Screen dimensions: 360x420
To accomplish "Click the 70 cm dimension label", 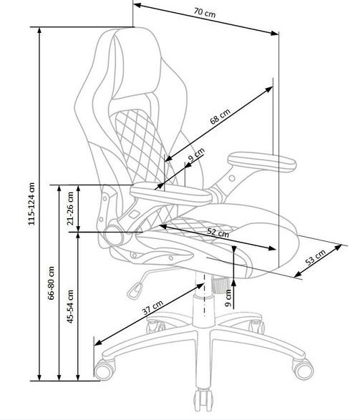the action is pos(205,12).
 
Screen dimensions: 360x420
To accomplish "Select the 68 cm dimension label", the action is pos(220,117).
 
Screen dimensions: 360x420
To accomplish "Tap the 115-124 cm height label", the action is pos(32,204).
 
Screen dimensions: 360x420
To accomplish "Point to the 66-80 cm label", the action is pos(51,283).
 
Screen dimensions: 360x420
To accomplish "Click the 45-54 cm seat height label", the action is pos(70,306).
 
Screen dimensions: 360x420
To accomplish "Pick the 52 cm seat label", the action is pos(218,233).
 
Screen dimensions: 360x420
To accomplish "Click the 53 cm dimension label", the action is pos(316,257).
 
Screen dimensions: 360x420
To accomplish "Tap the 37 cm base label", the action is pos(152,308).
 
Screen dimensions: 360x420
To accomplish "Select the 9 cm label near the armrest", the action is pos(196,155).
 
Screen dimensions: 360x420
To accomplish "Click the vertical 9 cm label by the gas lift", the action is pos(228,298).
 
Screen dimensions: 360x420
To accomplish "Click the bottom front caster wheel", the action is pos(203,401).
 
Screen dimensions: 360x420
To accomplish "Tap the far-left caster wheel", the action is pos(104,370).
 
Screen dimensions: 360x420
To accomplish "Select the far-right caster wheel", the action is pos(303,368).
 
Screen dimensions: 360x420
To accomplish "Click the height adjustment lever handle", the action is pos(135,290).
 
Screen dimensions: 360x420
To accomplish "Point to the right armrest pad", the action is pos(262,162).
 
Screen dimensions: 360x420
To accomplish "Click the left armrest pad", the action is pos(171,194).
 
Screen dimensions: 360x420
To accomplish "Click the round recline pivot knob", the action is pos(114,235).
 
